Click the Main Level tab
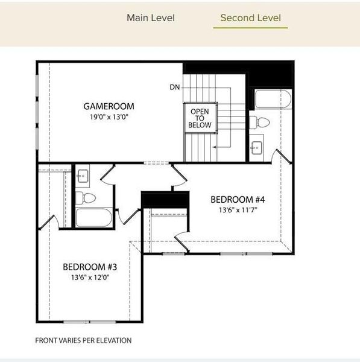point(151,18)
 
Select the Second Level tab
point(251,18)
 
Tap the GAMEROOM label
point(109,106)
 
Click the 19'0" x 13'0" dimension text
point(109,117)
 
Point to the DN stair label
point(175,87)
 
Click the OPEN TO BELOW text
point(200,118)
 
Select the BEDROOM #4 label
point(238,200)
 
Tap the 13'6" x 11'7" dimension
point(238,210)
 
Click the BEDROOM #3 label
point(90,267)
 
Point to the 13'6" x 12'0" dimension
point(90,278)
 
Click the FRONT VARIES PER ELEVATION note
point(83,340)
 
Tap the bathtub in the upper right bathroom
point(273,100)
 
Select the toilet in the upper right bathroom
point(259,122)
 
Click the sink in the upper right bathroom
point(257,148)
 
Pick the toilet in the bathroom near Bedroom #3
point(86,198)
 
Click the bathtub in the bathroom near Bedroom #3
point(94,217)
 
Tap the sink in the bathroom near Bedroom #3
point(82,176)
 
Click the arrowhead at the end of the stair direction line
point(214,147)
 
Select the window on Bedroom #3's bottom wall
point(89,322)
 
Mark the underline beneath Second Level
point(250,28)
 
